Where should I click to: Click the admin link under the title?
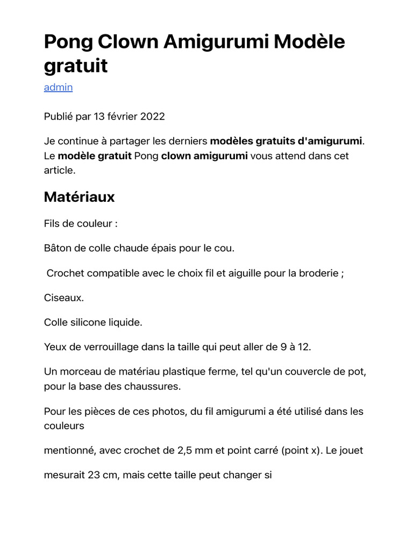pos(58,87)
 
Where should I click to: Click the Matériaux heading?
pos(79,197)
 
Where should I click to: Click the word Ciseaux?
pos(64,298)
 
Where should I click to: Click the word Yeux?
pos(55,347)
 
